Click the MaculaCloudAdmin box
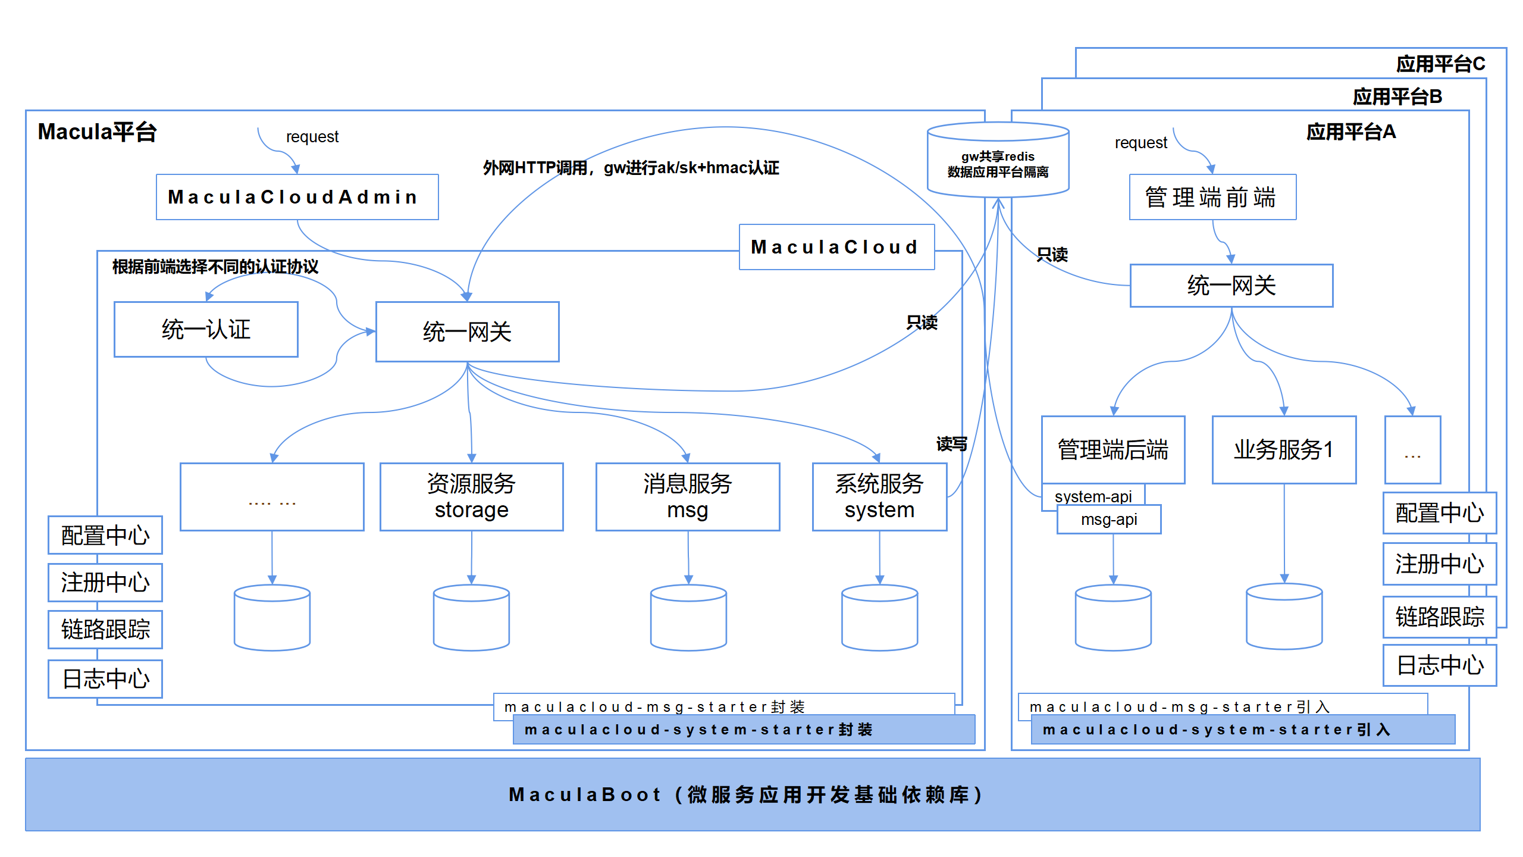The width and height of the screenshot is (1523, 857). pyautogui.click(x=297, y=197)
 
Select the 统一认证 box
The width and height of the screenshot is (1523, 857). pyautogui.click(x=206, y=330)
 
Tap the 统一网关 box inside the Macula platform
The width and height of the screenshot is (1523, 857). pyautogui.click(x=467, y=332)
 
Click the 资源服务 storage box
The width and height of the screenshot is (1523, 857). pyautogui.click(x=471, y=497)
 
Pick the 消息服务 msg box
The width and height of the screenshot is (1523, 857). pyautogui.click(x=687, y=497)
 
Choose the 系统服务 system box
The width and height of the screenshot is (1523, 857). pyautogui.click(x=879, y=497)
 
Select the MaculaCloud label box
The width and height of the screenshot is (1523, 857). pyautogui.click(x=836, y=247)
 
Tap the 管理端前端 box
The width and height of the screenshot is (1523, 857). pyautogui.click(x=1212, y=198)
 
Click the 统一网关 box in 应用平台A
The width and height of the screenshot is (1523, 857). pyautogui.click(x=1231, y=286)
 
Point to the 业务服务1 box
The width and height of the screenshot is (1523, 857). pyautogui.click(x=1284, y=450)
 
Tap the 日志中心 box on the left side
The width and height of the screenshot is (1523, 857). pyautogui.click(x=105, y=678)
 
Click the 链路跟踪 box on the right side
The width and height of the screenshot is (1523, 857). pyautogui.click(x=1439, y=617)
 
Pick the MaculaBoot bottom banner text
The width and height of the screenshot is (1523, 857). pyautogui.click(x=746, y=795)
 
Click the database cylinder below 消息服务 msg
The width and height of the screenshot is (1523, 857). pyautogui.click(x=688, y=618)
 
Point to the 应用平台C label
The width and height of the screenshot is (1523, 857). pyautogui.click(x=1440, y=64)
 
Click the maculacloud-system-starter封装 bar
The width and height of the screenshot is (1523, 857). pyautogui.click(x=744, y=730)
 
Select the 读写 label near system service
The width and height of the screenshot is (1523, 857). pyautogui.click(x=951, y=444)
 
